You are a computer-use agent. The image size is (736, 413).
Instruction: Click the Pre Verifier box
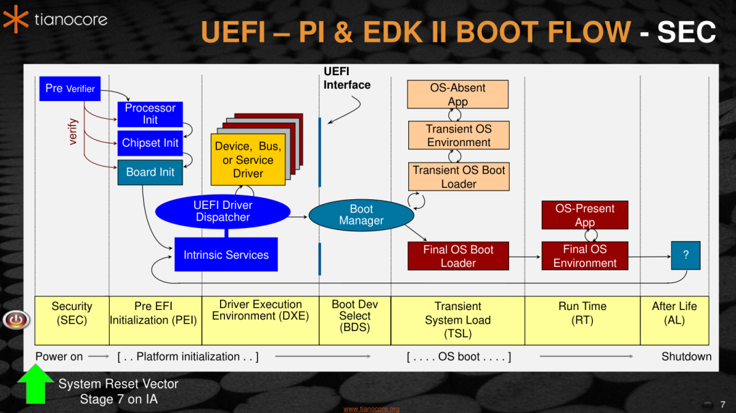point(70,88)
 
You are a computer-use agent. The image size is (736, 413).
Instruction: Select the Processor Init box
point(150,114)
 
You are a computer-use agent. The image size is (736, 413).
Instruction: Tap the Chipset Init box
point(150,143)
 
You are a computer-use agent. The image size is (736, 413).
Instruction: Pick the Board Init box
point(150,172)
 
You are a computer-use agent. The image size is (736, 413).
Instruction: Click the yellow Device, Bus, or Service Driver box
point(247,160)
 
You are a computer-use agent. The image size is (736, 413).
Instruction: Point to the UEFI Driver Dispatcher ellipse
point(223,212)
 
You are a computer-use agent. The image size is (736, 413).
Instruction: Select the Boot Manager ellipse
point(361,215)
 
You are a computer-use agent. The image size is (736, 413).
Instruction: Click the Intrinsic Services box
point(226,255)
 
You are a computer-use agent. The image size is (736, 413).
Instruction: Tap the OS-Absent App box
point(458,94)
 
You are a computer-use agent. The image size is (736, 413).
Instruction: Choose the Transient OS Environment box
point(459,135)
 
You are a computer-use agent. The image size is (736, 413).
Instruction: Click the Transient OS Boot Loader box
point(459,177)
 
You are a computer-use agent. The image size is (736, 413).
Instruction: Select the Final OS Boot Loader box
point(458,256)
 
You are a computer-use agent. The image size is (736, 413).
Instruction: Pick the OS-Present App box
point(585,215)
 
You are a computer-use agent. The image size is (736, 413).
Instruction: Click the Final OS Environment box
point(585,256)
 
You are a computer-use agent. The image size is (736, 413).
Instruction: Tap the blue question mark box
point(686,255)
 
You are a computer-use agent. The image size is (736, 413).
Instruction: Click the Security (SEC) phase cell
point(72,313)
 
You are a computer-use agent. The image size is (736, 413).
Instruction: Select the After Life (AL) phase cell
point(674,313)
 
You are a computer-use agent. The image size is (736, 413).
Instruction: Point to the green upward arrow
point(35,386)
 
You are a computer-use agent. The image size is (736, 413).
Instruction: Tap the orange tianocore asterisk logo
point(15,19)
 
